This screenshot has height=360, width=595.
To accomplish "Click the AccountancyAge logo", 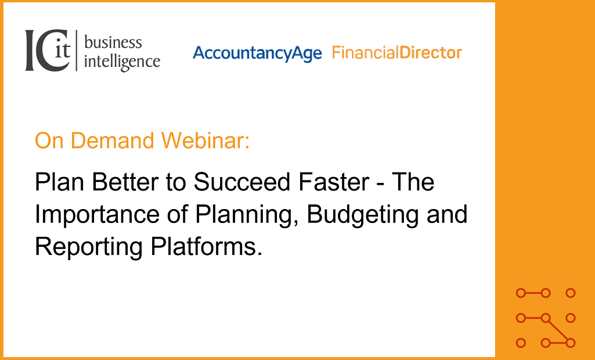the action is (x=257, y=53).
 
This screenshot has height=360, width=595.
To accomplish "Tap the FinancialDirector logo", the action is (x=397, y=52).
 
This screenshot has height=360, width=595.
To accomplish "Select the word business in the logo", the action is (x=113, y=42).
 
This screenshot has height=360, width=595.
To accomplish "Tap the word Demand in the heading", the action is (x=112, y=140).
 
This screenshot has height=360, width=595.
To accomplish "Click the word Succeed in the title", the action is (x=243, y=182).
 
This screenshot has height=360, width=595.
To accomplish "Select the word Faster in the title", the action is (x=334, y=182).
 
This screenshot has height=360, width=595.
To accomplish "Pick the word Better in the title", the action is (x=125, y=182).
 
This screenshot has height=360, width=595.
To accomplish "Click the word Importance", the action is (x=97, y=215).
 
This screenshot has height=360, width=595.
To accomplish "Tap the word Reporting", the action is (x=89, y=247).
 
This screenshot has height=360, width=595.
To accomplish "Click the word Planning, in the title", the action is (x=247, y=215).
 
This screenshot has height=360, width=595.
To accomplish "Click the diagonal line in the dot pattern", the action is (x=558, y=330).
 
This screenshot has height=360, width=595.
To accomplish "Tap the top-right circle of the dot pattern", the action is (x=571, y=293).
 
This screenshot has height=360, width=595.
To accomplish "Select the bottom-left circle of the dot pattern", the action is (x=521, y=343).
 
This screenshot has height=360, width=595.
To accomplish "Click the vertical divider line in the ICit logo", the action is (x=77, y=51).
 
